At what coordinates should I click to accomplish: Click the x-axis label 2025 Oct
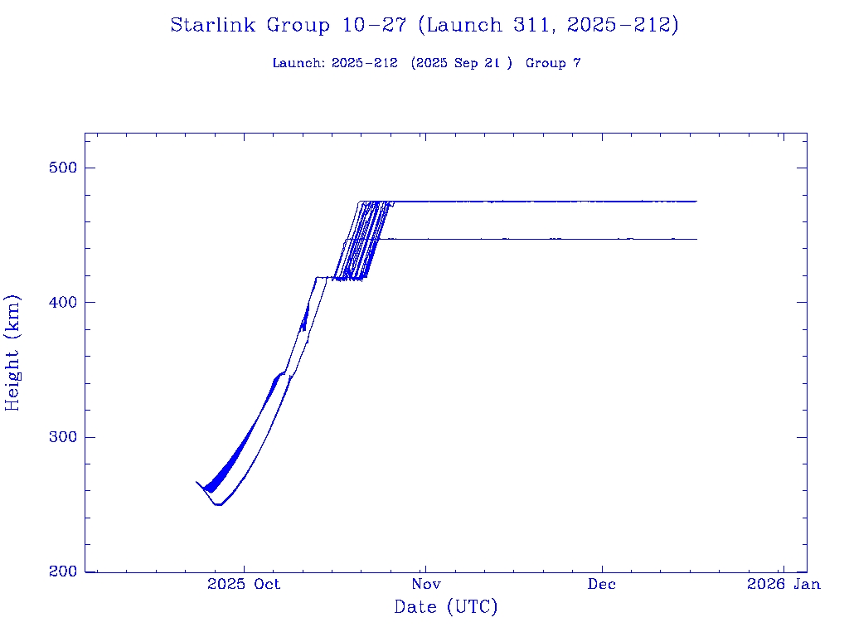tap(244, 584)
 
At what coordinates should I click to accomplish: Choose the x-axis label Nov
tap(424, 584)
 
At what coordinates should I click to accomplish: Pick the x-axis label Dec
tap(602, 584)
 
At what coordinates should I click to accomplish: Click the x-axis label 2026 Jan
tap(784, 584)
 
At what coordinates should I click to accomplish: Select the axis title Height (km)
tap(12, 353)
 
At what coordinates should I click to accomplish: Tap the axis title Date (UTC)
tap(445, 608)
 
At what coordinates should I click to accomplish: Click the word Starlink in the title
tap(214, 26)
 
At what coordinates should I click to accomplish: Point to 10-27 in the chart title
tap(374, 26)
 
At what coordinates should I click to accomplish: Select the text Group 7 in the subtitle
tap(553, 63)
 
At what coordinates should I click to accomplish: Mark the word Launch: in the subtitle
tap(298, 63)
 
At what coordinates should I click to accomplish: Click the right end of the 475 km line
tap(696, 202)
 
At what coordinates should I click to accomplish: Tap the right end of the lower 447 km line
tap(696, 239)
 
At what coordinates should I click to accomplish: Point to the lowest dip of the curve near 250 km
tap(219, 504)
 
